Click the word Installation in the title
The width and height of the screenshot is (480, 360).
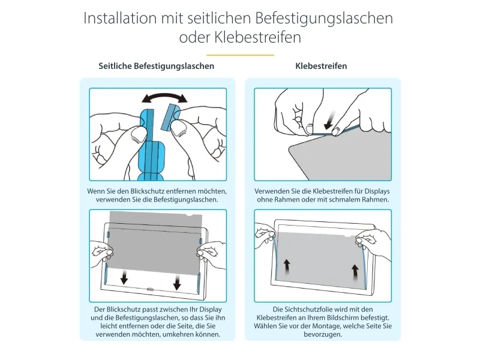point(121,18)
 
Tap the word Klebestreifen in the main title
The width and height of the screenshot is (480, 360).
point(257,37)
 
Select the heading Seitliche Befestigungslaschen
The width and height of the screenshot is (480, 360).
point(157,66)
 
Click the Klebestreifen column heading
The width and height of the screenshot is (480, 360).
point(321,66)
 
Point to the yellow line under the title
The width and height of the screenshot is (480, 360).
point(240,55)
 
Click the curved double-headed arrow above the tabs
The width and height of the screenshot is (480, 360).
point(164,97)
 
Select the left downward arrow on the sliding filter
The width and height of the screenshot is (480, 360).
point(124,278)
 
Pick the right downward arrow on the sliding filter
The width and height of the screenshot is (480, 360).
point(177,282)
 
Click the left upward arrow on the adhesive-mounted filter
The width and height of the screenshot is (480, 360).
point(287,267)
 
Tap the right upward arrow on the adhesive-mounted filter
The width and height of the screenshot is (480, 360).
point(355,272)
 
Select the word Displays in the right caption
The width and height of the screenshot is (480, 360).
point(377,191)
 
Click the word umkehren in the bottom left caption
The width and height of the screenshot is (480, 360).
point(175,334)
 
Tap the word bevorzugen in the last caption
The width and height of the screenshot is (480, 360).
point(323,335)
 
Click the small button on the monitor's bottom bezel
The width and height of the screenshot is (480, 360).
point(151,289)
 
